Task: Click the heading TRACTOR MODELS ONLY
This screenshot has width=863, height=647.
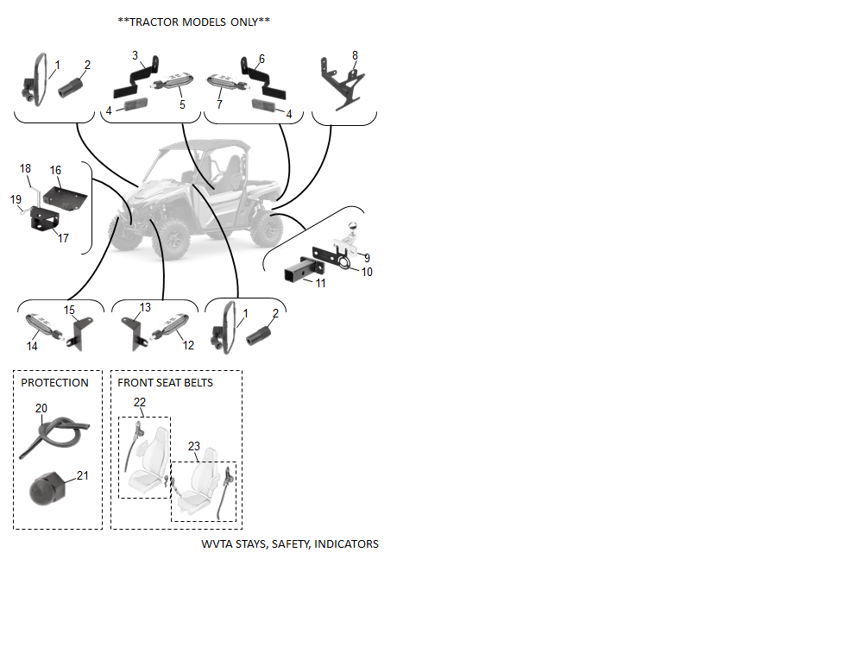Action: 193,22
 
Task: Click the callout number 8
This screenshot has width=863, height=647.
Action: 355,55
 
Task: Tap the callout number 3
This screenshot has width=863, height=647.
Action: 135,55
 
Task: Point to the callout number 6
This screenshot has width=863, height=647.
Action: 262,59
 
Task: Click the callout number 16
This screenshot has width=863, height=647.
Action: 55,171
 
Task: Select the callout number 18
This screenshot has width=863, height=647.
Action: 25,168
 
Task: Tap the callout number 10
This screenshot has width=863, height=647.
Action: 367,272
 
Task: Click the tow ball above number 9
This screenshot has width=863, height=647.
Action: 352,227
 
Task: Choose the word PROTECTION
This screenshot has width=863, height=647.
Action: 54,383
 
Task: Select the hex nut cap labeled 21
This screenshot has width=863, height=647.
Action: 47,488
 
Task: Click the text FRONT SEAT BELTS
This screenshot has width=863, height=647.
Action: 165,383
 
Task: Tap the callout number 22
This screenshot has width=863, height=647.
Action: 140,403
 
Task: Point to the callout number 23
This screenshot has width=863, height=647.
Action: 193,446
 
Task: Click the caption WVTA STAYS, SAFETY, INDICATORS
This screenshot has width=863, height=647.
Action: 290,544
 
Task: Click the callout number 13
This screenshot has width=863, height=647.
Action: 145,308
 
